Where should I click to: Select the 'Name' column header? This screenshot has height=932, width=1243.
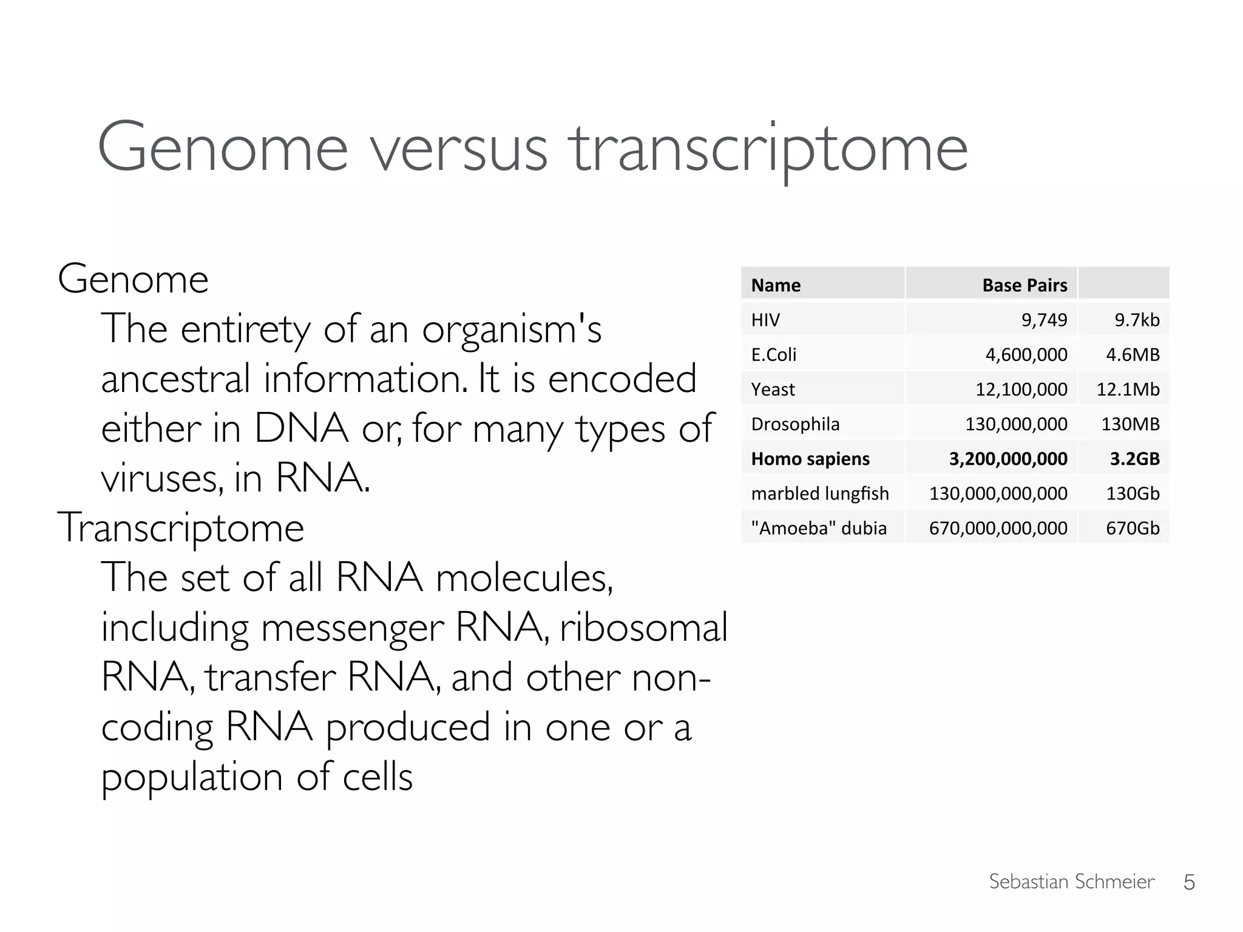tap(776, 285)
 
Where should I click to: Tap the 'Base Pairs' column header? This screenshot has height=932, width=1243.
tap(1025, 285)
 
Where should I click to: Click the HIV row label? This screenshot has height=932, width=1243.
tap(765, 320)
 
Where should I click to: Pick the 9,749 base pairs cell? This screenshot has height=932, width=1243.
tap(1044, 320)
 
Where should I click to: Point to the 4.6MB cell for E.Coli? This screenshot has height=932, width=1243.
tap(1133, 354)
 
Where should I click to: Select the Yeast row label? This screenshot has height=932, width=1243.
tap(773, 389)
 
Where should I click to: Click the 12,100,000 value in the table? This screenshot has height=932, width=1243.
tap(1021, 389)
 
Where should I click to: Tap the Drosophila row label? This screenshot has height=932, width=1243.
tap(795, 424)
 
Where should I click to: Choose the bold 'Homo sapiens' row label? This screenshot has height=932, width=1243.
tap(810, 459)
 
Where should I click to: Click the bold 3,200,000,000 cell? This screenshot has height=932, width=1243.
tap(1008, 459)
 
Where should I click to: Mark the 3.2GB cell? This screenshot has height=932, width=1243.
tap(1134, 459)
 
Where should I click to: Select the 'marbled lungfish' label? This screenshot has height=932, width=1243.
tap(820, 493)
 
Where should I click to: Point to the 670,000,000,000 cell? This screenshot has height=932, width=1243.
tap(998, 528)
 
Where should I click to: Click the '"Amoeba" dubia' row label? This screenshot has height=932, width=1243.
tap(819, 528)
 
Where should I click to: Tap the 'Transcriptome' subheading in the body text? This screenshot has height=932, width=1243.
tap(180, 528)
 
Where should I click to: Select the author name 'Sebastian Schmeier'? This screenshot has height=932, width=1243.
tap(1071, 882)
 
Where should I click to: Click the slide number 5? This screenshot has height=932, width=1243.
tap(1189, 882)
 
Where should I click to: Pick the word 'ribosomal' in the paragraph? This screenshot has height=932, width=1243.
tap(643, 627)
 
